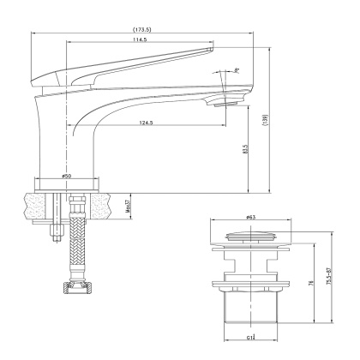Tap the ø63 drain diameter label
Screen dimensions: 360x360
(250, 219)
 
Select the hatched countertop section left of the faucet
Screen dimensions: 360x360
(34, 205)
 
